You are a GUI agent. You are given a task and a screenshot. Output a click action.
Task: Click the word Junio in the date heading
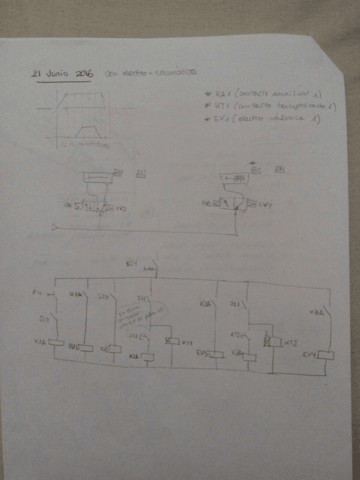[x=59, y=74]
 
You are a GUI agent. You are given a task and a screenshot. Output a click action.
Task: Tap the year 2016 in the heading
[x=83, y=74]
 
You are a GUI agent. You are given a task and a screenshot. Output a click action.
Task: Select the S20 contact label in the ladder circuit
[x=103, y=296]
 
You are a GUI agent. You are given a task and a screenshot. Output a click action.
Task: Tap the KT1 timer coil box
[x=170, y=341]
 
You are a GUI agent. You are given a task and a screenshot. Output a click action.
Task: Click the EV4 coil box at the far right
[x=325, y=355]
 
